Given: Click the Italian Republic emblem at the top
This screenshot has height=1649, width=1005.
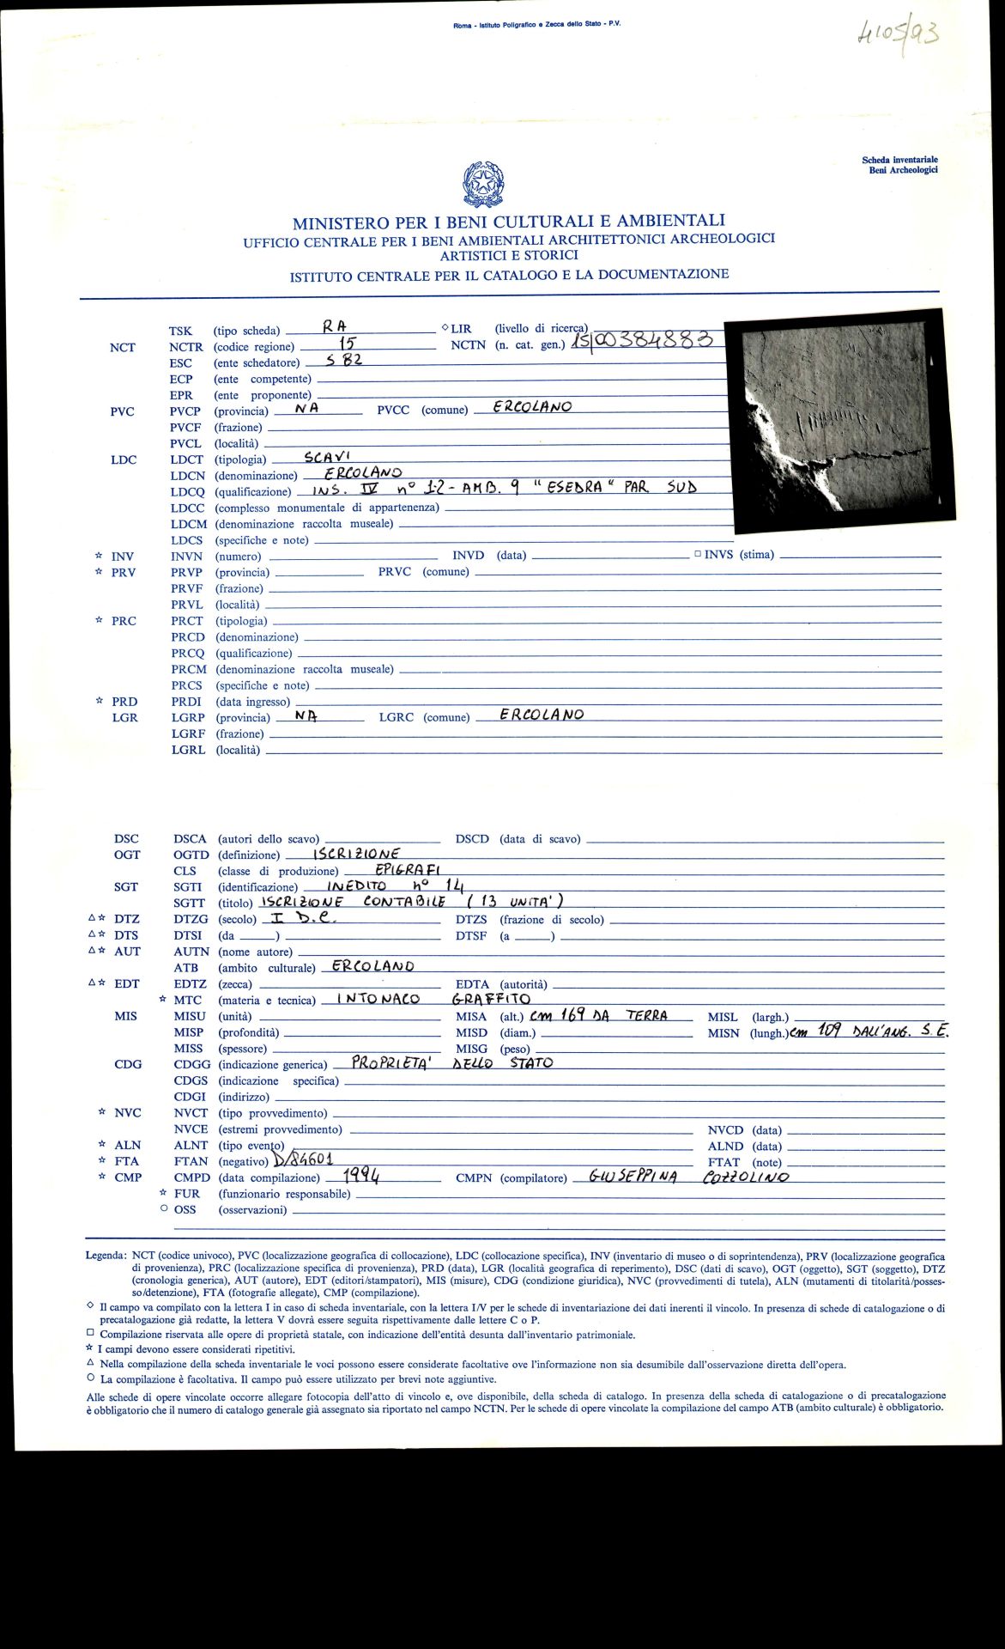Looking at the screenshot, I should pyautogui.click(x=482, y=184).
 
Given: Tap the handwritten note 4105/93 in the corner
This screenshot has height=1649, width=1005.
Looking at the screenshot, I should pyautogui.click(x=896, y=35).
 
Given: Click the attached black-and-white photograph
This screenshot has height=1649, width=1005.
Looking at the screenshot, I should pyautogui.click(x=839, y=415).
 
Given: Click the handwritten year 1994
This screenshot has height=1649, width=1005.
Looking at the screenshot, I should pyautogui.click(x=361, y=1176).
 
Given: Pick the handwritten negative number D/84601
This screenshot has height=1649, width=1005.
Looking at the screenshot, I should pyautogui.click(x=302, y=1159).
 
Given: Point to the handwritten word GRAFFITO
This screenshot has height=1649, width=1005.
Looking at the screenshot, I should pyautogui.click(x=491, y=999).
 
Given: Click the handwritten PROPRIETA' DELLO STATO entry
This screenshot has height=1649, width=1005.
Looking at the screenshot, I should pyautogui.click(x=451, y=1063).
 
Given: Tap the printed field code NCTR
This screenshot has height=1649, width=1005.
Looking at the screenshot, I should pyautogui.click(x=186, y=347).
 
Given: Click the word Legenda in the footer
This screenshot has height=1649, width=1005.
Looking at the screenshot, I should pyautogui.click(x=106, y=1256).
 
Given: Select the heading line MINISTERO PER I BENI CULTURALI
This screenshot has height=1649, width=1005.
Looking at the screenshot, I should pyautogui.click(x=508, y=222).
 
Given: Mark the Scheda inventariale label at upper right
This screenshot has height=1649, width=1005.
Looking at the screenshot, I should pyautogui.click(x=899, y=160).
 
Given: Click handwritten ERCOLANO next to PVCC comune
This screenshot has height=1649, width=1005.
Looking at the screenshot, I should pyautogui.click(x=532, y=407).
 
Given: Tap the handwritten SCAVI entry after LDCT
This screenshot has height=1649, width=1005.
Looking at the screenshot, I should pyautogui.click(x=327, y=457).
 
